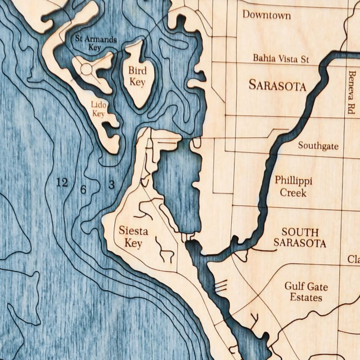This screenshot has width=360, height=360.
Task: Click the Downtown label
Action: tap(266, 15)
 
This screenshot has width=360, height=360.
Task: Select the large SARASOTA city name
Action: tap(277, 85)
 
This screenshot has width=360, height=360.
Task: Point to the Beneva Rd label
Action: tap(351, 92)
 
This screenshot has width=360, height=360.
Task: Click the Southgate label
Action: tap(318, 146)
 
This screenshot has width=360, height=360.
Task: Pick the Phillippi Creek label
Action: tap(293, 187)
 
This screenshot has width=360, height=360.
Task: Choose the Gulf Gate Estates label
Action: tap(306, 292)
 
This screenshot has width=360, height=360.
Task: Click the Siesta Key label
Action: tap(133, 237)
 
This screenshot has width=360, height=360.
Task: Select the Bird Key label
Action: tap(137, 76)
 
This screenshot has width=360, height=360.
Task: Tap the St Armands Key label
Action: tap(96, 43)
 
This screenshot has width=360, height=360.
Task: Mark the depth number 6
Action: tap(83, 189)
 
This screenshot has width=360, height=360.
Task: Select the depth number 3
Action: tap(111, 184)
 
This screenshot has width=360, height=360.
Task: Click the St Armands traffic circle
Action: tap(86, 69)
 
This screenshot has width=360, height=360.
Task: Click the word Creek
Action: tap(293, 193)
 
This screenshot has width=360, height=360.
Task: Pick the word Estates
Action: tap(306, 297)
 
